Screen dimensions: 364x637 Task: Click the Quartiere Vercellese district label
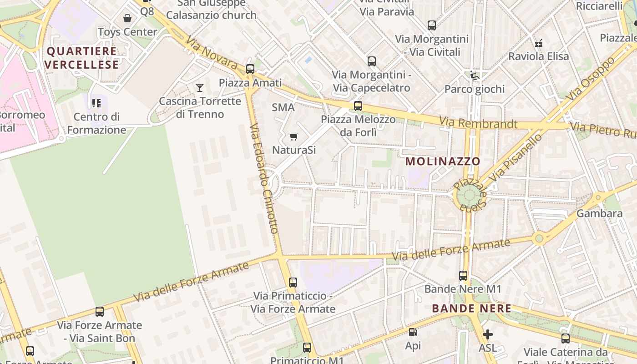click(82, 58)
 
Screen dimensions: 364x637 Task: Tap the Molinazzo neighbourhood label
click(443, 161)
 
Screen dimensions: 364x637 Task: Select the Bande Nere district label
click(471, 308)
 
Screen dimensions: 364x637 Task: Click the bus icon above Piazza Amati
click(250, 69)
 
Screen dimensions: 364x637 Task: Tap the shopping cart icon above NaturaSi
click(294, 136)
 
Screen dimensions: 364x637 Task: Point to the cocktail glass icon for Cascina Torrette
click(199, 87)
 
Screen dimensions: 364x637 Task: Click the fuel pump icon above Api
click(413, 333)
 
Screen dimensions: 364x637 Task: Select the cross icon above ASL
click(487, 335)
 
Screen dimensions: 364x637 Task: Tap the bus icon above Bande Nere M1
click(463, 275)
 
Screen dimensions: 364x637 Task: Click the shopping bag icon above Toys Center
click(127, 18)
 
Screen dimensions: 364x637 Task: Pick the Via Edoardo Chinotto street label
click(264, 178)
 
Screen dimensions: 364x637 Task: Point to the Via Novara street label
click(212, 54)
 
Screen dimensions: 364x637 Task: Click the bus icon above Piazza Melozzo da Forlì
click(358, 106)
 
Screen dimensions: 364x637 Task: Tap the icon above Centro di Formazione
click(96, 103)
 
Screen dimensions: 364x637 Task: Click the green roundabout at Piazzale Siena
click(469, 197)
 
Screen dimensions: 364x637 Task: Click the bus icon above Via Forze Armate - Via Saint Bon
click(99, 312)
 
